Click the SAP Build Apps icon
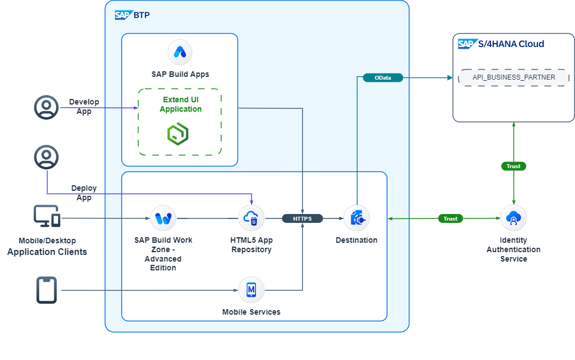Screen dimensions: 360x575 [180, 53]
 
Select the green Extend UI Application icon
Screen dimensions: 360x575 [178, 134]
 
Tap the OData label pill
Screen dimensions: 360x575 [383, 78]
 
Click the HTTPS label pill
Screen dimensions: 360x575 [302, 218]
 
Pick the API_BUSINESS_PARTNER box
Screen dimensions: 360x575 [514, 77]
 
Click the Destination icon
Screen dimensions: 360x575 [357, 218]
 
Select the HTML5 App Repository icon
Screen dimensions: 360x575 [252, 218]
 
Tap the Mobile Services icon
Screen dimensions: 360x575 [252, 290]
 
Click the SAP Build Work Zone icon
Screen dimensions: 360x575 [163, 218]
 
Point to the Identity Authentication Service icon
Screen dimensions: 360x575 [514, 218]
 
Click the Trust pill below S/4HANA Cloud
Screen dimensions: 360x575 [514, 166]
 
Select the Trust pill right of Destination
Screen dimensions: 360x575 [451, 218]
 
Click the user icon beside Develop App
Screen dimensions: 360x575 [46, 107]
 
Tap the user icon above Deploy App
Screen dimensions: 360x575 [46, 157]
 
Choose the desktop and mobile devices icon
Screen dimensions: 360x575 [47, 216]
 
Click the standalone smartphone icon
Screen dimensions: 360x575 [46, 290]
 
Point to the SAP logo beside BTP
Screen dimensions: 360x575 [123, 15]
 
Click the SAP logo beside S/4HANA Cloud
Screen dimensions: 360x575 [467, 44]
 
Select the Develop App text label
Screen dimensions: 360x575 [84, 107]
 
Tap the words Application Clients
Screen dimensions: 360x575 [47, 252]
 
